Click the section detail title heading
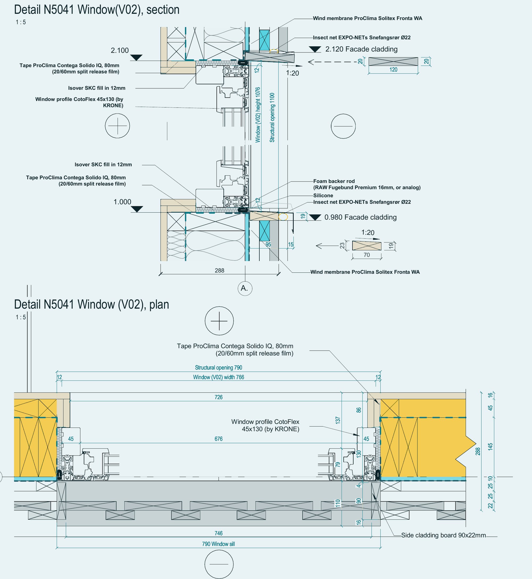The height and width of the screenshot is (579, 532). pos(97,10)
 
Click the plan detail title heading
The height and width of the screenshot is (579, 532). pos(92,304)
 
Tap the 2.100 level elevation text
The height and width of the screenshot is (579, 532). pos(120,50)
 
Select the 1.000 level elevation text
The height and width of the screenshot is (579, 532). pos(122,202)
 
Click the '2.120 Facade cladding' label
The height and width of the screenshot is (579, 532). pos(361,49)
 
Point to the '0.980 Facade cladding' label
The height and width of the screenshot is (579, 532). pos(360,217)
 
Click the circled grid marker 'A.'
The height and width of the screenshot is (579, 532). pos(245,288)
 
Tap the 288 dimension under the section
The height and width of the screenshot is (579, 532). pos(219,270)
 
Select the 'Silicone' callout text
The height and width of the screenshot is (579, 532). pos(323,196)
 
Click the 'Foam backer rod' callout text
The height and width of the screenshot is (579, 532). pos(334,181)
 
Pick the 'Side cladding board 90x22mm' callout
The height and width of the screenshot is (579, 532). pos(443,535)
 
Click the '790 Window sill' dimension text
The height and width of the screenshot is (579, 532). pos(218,544)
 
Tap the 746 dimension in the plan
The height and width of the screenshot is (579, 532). pos(218,533)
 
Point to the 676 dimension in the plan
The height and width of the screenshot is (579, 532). pos(218,439)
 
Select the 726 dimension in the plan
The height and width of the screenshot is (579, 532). pos(218,397)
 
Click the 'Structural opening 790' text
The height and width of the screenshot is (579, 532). pos(218,367)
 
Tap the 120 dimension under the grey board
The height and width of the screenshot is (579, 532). pos(393,70)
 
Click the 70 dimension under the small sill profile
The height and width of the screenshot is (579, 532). pos(367,255)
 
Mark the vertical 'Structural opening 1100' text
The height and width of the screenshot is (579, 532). pos(272,117)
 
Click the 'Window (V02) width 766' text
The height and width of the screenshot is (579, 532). pos(218,377)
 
